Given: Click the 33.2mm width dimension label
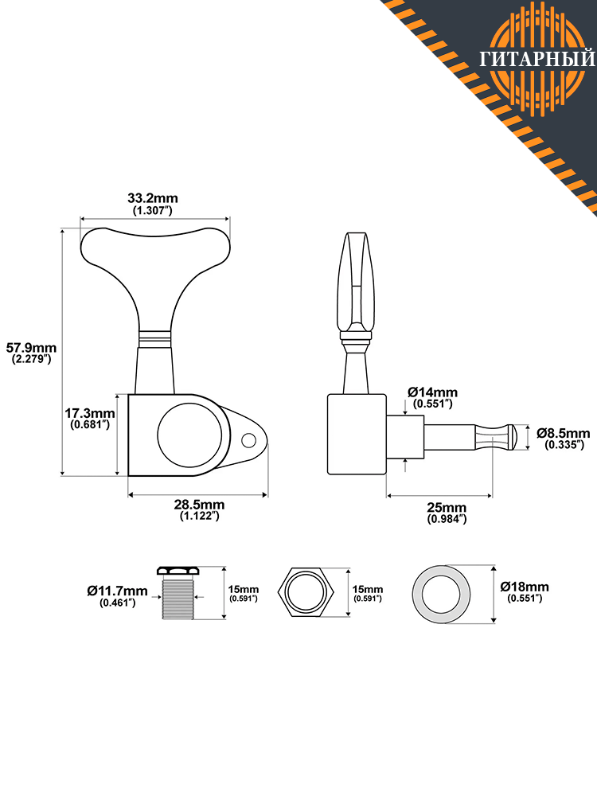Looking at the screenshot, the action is [x=152, y=197].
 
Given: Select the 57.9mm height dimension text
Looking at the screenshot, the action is [x=31, y=348].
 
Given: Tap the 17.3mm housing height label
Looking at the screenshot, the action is [x=90, y=413].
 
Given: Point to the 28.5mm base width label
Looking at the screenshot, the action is [x=199, y=505].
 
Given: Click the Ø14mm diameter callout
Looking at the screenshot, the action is [x=432, y=392].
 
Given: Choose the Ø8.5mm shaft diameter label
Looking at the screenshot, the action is [x=564, y=433].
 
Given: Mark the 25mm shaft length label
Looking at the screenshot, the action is [x=447, y=507].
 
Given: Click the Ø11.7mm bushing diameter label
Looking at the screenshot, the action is [x=117, y=591].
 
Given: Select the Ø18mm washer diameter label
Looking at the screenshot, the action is [x=525, y=587].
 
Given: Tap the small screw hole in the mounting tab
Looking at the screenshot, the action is [x=248, y=440].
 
